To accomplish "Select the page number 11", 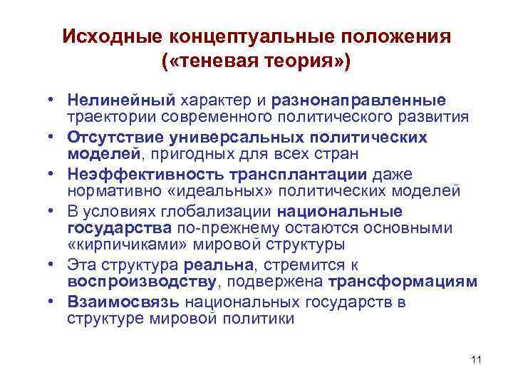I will [x=477, y=359].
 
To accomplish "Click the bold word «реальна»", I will [x=217, y=265].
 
